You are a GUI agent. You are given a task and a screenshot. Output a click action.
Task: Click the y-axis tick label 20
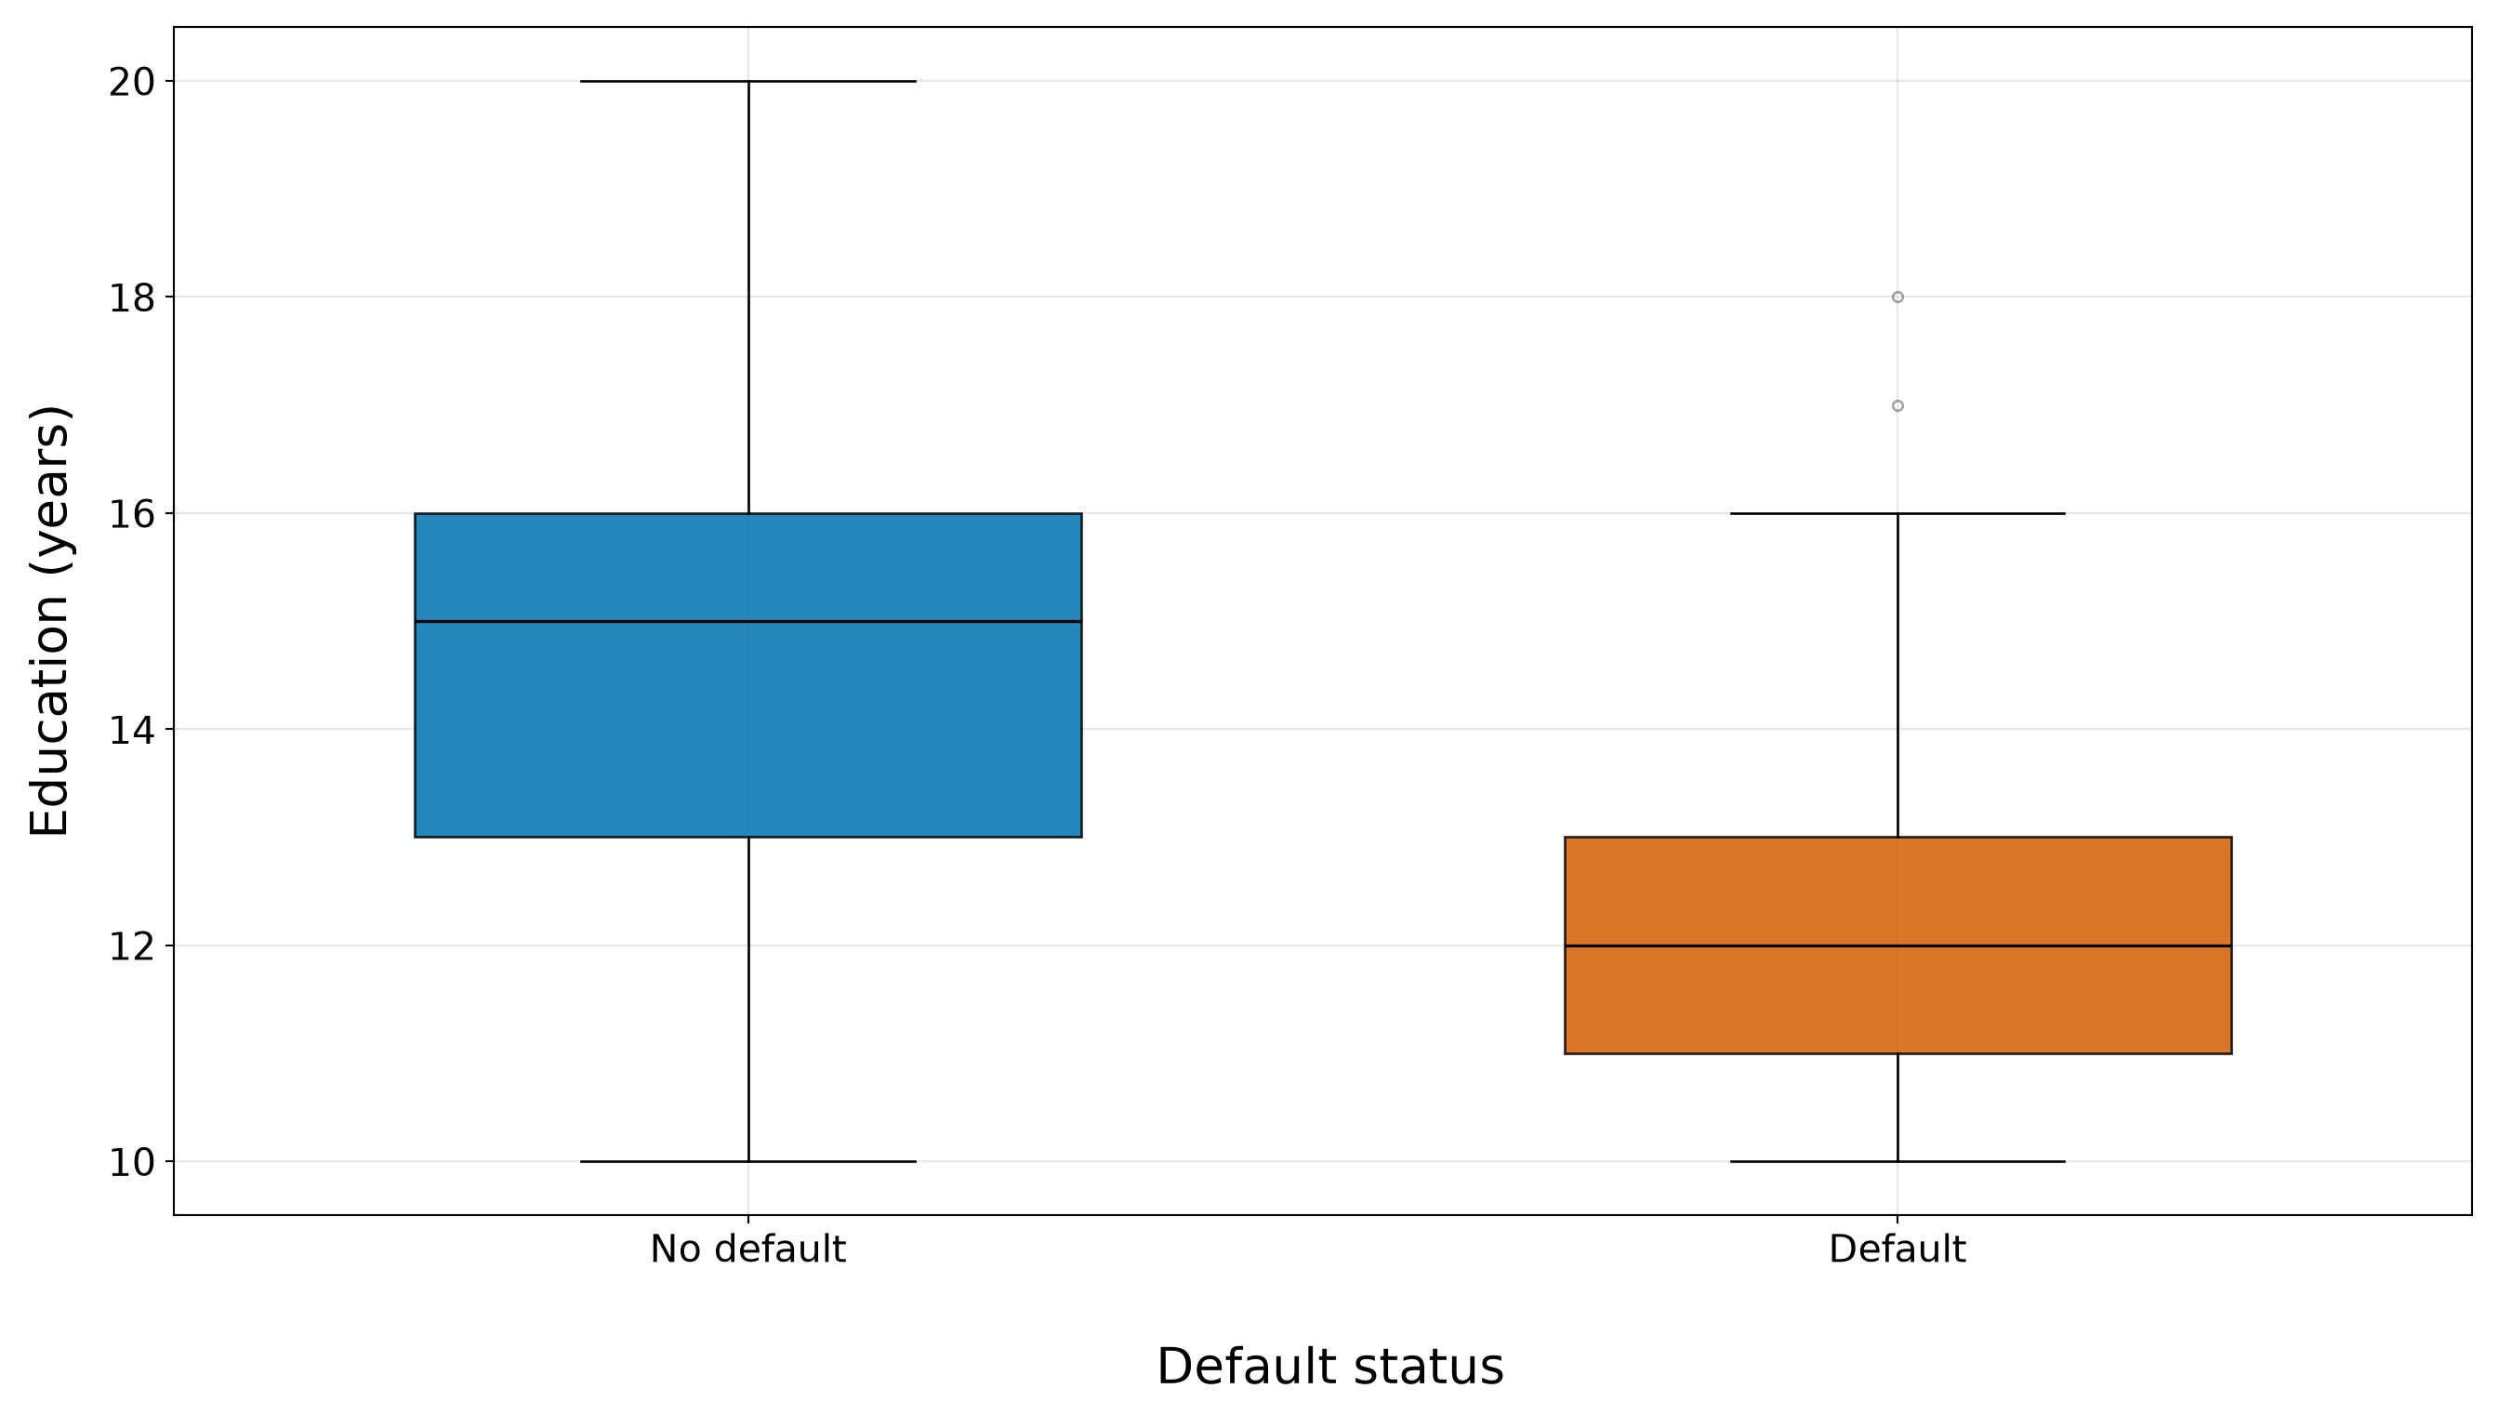click(x=131, y=83)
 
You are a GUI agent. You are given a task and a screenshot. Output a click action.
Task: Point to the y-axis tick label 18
click(x=131, y=298)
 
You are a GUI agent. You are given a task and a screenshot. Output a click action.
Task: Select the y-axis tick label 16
click(x=131, y=515)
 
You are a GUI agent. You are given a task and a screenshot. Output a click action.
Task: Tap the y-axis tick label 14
click(x=131, y=731)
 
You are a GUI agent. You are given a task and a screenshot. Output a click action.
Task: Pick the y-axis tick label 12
click(x=131, y=947)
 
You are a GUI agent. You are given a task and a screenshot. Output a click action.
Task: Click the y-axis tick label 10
click(x=131, y=1163)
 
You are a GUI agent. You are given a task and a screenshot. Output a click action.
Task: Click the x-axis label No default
click(x=748, y=1250)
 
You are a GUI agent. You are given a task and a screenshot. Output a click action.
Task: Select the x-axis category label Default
click(x=1897, y=1250)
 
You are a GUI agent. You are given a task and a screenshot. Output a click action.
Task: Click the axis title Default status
click(x=1330, y=1368)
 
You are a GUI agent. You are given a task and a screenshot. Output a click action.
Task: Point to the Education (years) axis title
click(x=49, y=621)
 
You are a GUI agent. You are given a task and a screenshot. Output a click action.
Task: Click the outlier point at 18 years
click(x=1897, y=297)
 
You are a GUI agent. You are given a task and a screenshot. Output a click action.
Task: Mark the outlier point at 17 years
click(x=1897, y=406)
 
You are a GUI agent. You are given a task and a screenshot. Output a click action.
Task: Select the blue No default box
click(x=748, y=676)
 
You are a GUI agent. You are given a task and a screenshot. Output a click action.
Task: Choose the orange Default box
click(x=1897, y=945)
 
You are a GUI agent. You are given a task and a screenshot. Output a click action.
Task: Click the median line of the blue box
click(x=748, y=622)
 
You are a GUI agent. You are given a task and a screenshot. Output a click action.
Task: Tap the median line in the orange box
click(x=1897, y=946)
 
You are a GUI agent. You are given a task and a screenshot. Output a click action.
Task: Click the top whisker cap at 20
click(x=748, y=82)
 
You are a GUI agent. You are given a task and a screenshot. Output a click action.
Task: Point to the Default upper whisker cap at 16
click(x=1897, y=514)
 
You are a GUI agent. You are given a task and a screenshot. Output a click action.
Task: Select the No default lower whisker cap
click(x=748, y=1162)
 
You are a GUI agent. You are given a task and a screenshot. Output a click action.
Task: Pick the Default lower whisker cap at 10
click(x=1897, y=1162)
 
